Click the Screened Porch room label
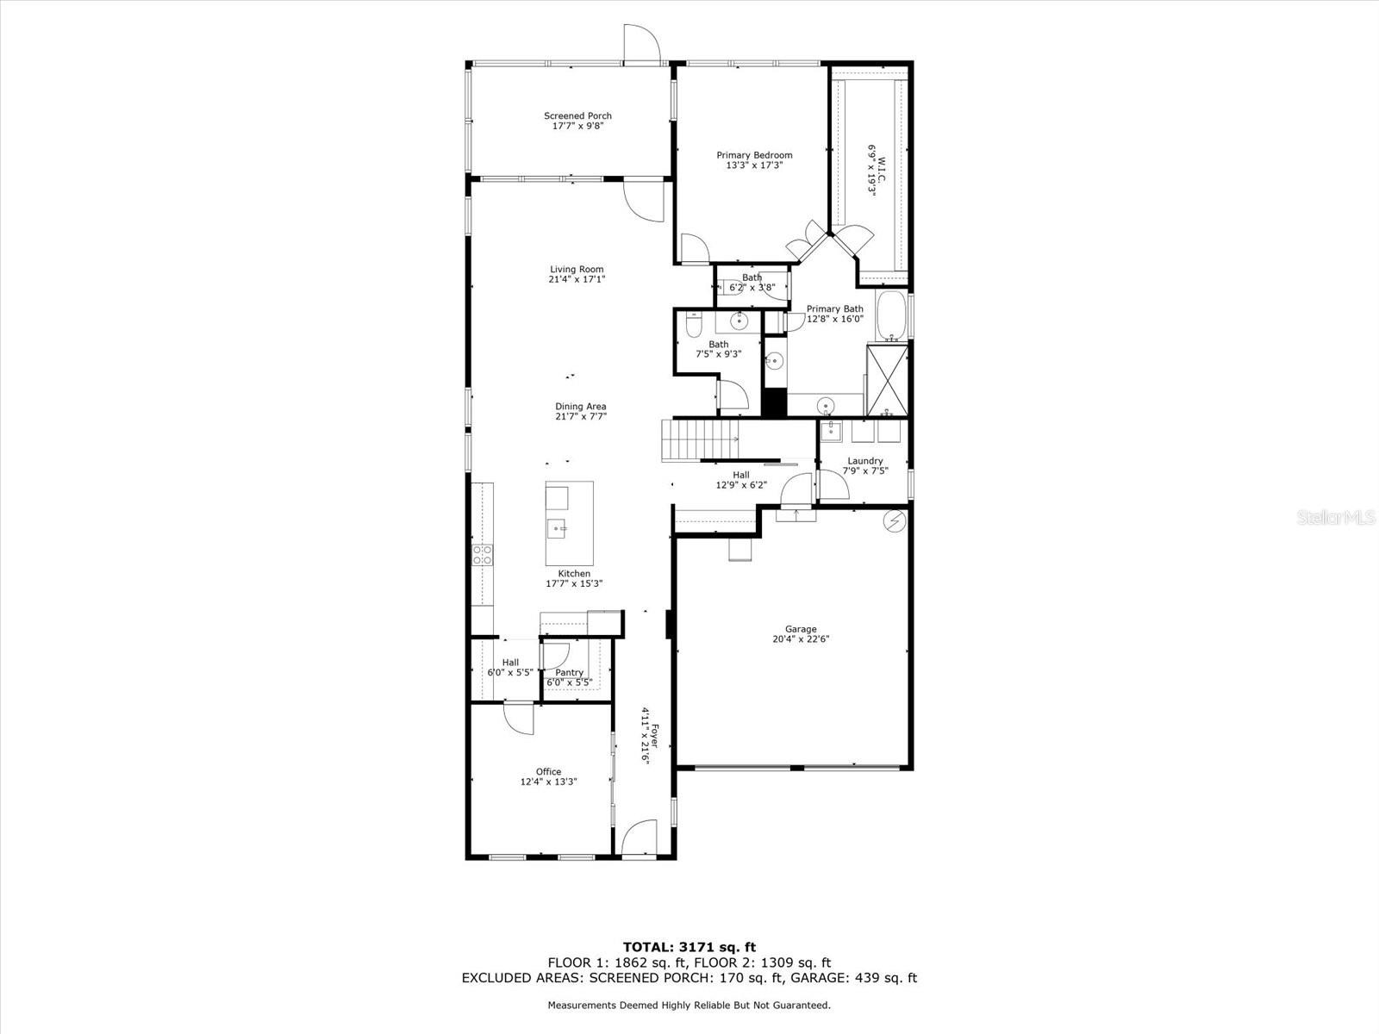(577, 115)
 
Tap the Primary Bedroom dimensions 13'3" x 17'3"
(754, 165)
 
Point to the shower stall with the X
(887, 380)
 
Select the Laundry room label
(864, 461)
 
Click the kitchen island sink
(557, 527)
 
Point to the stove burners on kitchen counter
(482, 554)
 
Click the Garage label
(801, 629)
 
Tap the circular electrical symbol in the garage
(895, 520)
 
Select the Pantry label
(569, 673)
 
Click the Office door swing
(521, 718)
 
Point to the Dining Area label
(580, 407)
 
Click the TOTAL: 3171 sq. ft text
(689, 948)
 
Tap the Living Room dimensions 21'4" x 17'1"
(577, 279)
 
